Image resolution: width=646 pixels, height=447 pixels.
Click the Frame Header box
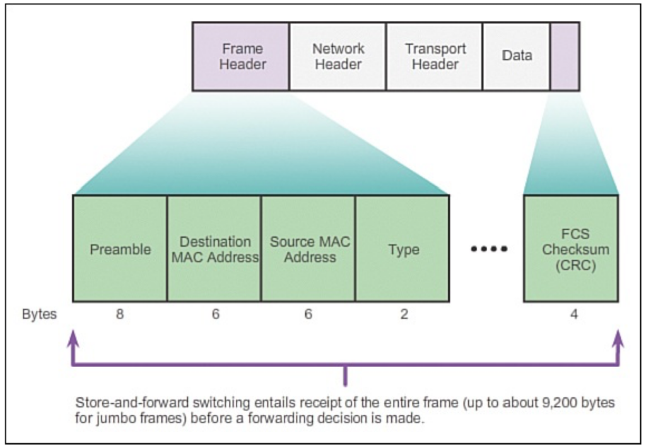pos(241,56)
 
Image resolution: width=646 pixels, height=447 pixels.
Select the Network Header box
pos(338,56)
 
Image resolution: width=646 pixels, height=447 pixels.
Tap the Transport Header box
pos(435,56)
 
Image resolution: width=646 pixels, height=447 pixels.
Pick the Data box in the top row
pos(517,56)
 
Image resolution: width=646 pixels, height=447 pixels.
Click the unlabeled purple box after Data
pos(565,56)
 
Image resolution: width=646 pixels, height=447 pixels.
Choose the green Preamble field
pos(120,248)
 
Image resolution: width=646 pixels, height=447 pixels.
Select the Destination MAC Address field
pos(214,248)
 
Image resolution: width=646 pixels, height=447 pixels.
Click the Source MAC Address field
pos(308,248)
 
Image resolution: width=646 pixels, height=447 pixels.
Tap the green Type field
pos(402,248)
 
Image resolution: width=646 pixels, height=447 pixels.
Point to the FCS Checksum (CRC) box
pos(571,248)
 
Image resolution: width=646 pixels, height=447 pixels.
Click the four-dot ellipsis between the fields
pos(489,248)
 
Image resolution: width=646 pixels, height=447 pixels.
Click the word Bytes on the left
pos(40,314)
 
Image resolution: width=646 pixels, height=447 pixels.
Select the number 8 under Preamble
pos(119,314)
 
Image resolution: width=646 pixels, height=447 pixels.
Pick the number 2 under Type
pos(404,314)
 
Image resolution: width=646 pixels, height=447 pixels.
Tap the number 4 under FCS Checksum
pos(574,314)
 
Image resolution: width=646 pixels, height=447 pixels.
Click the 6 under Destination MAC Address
pos(216,314)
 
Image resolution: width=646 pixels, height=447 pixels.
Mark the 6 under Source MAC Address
pos(308,314)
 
